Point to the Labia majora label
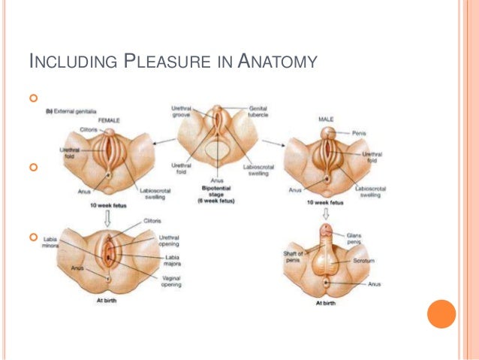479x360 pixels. pos(171,261)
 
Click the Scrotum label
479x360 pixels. pos(362,261)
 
